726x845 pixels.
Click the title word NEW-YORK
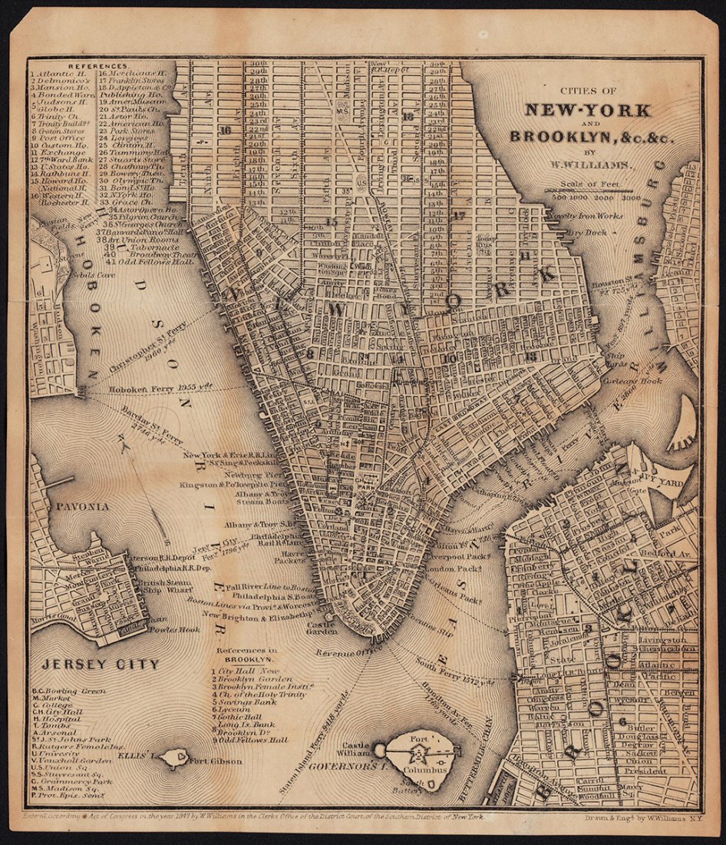pos(587,109)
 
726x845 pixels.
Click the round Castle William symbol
pos(379,750)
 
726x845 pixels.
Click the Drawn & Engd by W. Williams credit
pos(634,819)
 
